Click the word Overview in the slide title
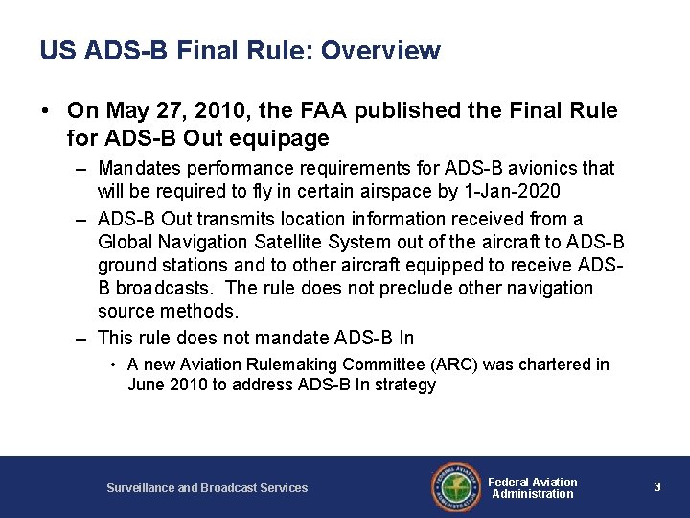pos(381,50)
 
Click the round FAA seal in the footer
pos(454,487)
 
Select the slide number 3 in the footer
pos(657,487)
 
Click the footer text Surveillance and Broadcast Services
pos(207,488)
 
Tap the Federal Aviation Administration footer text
pos(533,487)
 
